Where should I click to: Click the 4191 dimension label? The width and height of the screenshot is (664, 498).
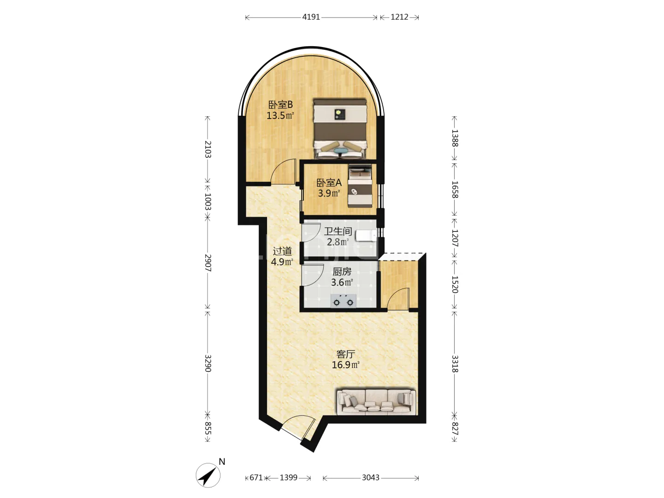(311, 17)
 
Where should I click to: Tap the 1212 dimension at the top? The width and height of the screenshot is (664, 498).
(399, 17)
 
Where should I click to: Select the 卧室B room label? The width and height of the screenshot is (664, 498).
(280, 105)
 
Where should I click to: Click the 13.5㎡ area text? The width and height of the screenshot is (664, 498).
(280, 115)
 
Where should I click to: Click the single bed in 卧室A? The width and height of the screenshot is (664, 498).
(360, 186)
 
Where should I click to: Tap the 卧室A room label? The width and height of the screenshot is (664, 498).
(329, 183)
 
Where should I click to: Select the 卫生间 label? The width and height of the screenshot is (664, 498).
(338, 231)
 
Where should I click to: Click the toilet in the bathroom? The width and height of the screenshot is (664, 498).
(366, 236)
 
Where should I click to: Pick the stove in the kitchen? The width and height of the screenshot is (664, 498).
(343, 301)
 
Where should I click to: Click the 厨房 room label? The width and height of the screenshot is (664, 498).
(342, 272)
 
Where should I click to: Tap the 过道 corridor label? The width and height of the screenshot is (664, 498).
(282, 251)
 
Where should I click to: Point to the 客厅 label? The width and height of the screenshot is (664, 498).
(345, 354)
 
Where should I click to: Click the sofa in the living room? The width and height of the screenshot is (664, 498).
(376, 402)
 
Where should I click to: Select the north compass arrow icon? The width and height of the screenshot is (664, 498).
(208, 475)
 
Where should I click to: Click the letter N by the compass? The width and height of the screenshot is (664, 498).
(222, 462)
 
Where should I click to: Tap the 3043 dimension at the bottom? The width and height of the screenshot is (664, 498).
(371, 477)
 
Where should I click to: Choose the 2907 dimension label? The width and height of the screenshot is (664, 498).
(208, 263)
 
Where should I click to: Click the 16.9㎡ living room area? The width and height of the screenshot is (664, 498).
(345, 365)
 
